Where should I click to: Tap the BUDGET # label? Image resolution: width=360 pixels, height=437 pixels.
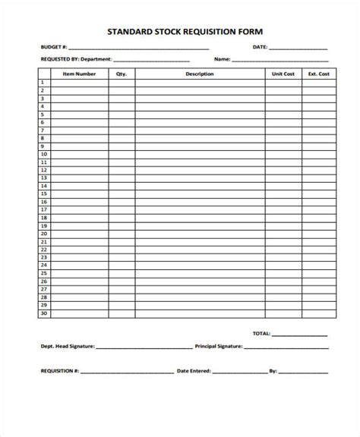[52, 48]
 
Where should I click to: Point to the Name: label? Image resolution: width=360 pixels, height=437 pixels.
[222, 58]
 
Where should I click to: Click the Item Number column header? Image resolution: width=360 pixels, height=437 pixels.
[79, 74]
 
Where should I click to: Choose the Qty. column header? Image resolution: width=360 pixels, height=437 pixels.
[122, 74]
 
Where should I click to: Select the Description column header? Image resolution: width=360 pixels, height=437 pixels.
[199, 74]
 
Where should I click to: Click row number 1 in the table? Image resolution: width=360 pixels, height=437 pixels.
[44, 83]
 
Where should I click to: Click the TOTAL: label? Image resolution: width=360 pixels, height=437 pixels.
[261, 333]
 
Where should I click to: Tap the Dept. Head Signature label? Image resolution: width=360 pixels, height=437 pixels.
[67, 346]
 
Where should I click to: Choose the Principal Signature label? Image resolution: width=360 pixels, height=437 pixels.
[218, 346]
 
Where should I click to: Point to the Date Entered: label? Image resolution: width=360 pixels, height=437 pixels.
[194, 372]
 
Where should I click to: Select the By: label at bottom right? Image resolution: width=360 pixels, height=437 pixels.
[273, 372]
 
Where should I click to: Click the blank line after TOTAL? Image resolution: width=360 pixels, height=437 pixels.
[300, 335]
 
